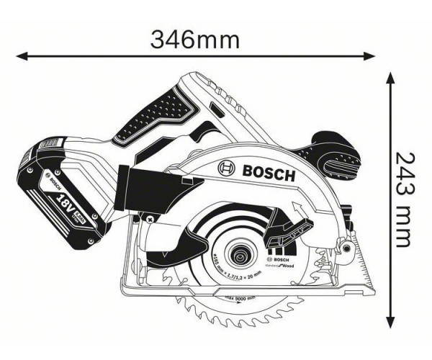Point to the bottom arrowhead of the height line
coord(390,322)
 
